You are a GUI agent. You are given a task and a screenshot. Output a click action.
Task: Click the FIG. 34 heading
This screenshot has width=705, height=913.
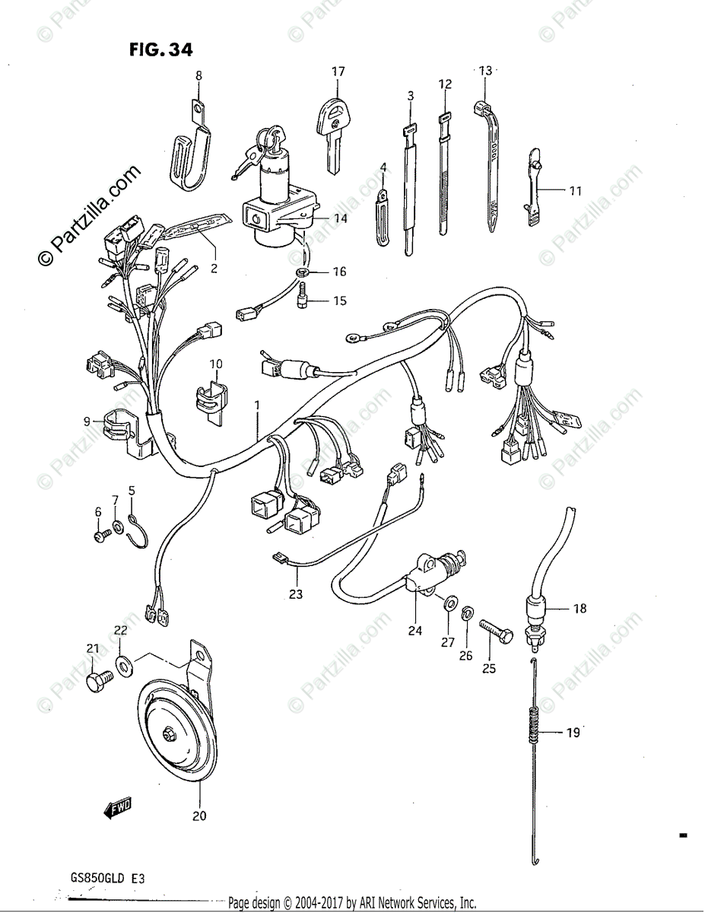click(160, 50)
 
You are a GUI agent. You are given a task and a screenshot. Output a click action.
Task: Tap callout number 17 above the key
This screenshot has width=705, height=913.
click(338, 72)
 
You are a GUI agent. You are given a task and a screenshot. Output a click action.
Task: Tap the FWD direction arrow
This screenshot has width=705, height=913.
click(116, 809)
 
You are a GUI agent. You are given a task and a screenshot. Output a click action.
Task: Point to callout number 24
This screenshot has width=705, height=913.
click(414, 630)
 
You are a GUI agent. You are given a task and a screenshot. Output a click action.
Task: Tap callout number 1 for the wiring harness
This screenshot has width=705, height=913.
click(257, 406)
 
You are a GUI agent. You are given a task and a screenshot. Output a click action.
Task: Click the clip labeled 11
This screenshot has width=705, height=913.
click(535, 188)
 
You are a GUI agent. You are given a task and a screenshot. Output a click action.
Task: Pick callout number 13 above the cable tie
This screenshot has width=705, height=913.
click(485, 71)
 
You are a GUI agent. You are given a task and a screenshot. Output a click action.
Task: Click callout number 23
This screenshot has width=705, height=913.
click(295, 594)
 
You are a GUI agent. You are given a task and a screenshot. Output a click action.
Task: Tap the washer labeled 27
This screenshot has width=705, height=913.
click(450, 605)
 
